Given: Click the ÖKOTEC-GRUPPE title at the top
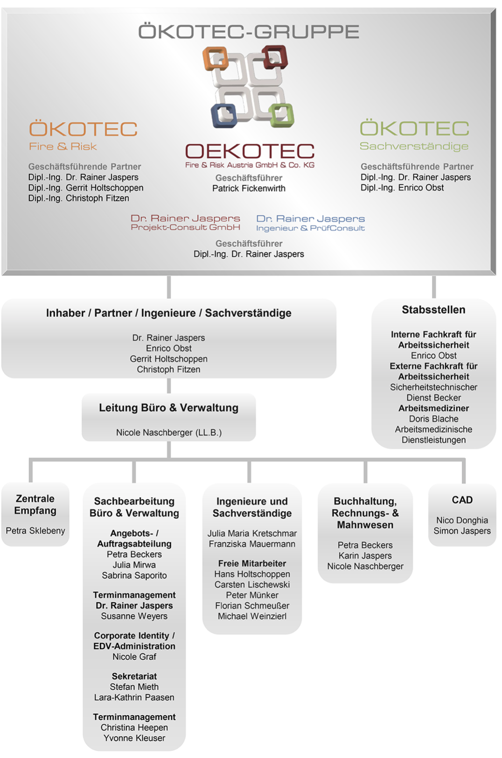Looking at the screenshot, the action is tap(249, 31).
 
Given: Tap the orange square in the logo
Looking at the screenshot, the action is tap(215, 59).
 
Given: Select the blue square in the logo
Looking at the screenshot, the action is tap(224, 115).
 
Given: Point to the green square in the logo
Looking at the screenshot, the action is tap(281, 114).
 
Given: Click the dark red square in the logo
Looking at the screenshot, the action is tap(275, 57).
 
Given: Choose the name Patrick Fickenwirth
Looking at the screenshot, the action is tap(249, 189).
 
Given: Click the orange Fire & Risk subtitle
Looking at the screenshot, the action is tap(63, 147).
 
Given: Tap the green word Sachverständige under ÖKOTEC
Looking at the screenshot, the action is tap(414, 146).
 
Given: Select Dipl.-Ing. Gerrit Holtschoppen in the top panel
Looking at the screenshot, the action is tap(86, 188).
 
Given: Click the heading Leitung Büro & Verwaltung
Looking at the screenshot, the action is tap(168, 408).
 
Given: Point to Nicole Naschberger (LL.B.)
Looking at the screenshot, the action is tap(169, 433).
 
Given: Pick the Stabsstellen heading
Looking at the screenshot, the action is tap(434, 309).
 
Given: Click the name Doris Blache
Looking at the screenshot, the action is tap(434, 419).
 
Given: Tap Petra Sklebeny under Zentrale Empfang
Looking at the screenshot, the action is tap(35, 531).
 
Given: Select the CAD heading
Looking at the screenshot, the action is tap(462, 500).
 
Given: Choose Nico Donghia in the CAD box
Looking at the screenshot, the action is tap(462, 520).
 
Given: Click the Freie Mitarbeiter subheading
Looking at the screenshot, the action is tap(252, 563).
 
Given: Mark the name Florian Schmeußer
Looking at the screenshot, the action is tap(252, 605).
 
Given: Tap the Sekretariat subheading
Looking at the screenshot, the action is tap(134, 676).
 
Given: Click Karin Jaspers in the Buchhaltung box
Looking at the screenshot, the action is tap(365, 555).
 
